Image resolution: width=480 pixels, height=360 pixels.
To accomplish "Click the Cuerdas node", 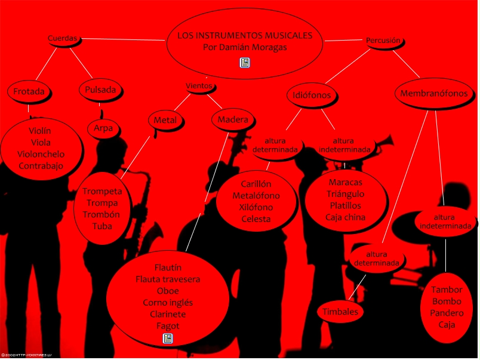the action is [x=63, y=38].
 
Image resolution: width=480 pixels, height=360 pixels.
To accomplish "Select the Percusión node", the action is [x=383, y=41].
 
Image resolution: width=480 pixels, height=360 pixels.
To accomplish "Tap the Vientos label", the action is [x=199, y=86].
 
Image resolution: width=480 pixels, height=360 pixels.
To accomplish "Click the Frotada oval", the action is [x=29, y=92].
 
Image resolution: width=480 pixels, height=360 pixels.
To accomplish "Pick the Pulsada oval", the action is [x=100, y=90].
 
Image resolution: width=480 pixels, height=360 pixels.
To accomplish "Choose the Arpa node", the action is [x=103, y=128].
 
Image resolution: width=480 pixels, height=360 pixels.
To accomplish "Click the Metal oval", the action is [x=165, y=120].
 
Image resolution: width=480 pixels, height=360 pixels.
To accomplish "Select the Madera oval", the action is [x=232, y=120].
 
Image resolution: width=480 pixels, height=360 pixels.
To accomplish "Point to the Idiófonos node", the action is [x=312, y=95].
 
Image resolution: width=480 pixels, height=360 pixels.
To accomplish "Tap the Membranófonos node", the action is [x=434, y=94].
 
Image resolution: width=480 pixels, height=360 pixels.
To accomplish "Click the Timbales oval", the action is [x=340, y=312].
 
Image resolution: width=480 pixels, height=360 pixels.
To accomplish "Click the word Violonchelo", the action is [x=41, y=154].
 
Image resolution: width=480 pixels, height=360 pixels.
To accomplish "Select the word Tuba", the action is [x=102, y=226].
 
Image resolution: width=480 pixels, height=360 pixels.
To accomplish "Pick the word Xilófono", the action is [x=256, y=207].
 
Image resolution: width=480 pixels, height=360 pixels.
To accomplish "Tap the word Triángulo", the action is [x=345, y=194].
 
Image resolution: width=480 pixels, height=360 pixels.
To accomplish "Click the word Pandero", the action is [x=447, y=313].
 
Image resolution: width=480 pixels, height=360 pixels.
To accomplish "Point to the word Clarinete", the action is [x=168, y=314].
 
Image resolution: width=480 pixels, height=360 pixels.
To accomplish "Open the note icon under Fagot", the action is [x=168, y=339].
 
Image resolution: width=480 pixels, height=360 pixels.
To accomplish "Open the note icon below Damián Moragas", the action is [x=245, y=62].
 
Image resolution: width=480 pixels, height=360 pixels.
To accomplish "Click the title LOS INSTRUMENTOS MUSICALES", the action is [x=245, y=36].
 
